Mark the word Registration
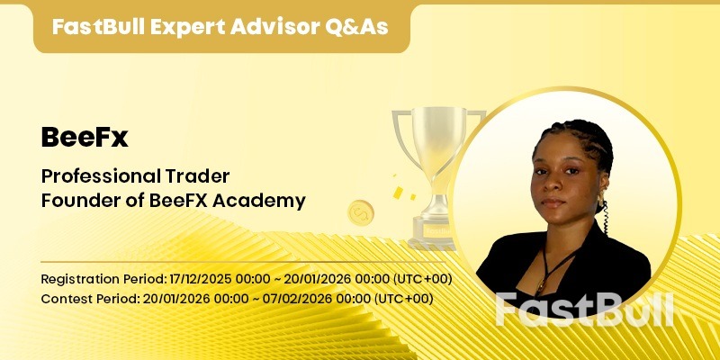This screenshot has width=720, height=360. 76,278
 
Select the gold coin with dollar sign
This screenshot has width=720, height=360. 360,213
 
